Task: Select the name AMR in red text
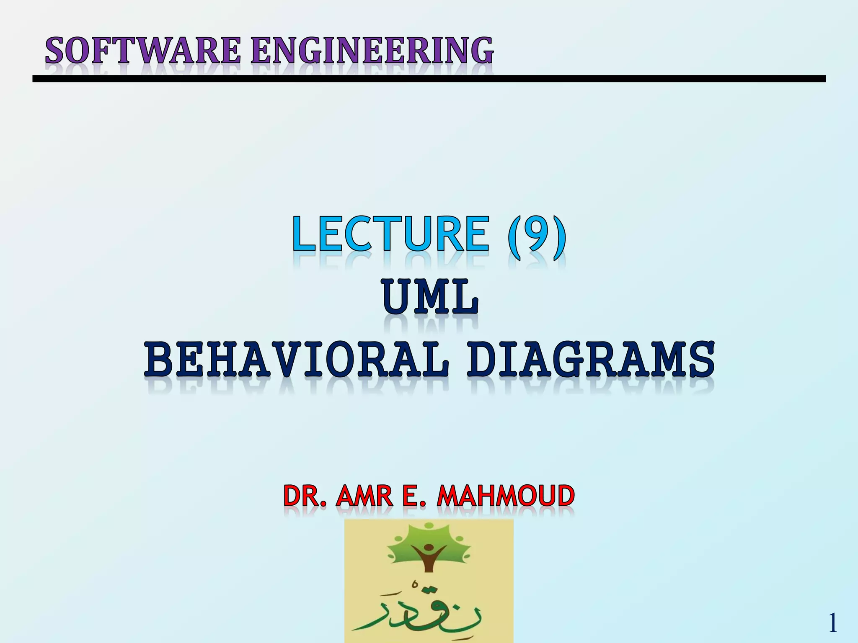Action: (364, 496)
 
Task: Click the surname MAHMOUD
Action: (505, 496)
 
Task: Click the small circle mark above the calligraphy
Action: (415, 583)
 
